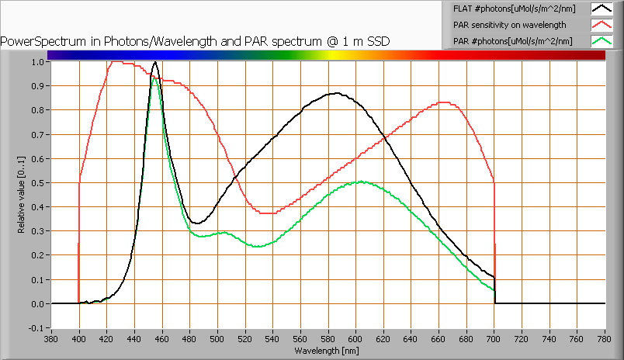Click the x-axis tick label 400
pyautogui.click(x=79, y=338)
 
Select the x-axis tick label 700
pyautogui.click(x=494, y=338)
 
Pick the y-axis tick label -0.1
pyautogui.click(x=36, y=328)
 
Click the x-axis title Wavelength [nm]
pyautogui.click(x=328, y=351)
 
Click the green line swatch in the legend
pyautogui.click(x=601, y=41)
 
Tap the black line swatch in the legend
pyautogui.click(x=601, y=9)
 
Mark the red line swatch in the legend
pyautogui.click(x=601, y=26)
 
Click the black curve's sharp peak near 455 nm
pyautogui.click(x=155, y=62)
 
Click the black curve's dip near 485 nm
pyautogui.click(x=197, y=223)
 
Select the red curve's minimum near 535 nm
pyautogui.click(x=265, y=213)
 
